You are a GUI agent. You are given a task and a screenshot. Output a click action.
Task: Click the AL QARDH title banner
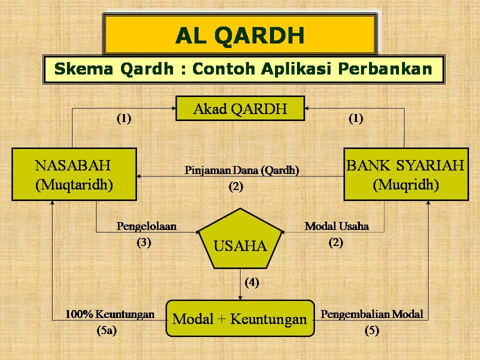click(239, 34)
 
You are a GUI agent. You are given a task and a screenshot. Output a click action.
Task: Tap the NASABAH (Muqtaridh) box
click(74, 174)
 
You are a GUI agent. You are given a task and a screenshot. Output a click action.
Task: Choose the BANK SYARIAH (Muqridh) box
click(405, 174)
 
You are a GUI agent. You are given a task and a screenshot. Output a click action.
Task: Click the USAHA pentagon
click(240, 242)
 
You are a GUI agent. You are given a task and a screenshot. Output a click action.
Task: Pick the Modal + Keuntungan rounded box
click(239, 318)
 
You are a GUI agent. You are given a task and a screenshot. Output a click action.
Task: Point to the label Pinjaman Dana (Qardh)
click(241, 170)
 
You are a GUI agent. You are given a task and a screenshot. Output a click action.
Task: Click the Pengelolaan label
click(146, 226)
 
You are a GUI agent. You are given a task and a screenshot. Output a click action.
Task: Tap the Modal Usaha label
click(336, 226)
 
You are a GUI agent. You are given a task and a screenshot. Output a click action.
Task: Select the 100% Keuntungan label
click(109, 314)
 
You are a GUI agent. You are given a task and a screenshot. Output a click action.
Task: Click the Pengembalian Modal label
click(371, 314)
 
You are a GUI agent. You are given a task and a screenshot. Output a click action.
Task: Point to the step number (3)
click(144, 243)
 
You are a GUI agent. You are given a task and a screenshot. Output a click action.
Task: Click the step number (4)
click(251, 282)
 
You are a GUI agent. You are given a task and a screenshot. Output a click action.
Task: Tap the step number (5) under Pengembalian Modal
click(371, 330)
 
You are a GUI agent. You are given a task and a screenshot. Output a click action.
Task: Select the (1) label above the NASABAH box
click(124, 118)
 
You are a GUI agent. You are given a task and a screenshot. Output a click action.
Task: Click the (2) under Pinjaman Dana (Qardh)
click(236, 187)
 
